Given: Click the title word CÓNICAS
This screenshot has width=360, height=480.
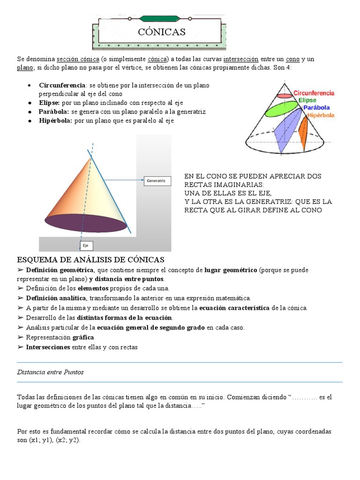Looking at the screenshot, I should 162,32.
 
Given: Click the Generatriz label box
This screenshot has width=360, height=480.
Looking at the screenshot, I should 157,180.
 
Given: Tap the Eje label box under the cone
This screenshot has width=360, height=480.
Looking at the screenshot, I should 86,246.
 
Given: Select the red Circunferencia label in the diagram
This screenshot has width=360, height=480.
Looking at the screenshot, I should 314,93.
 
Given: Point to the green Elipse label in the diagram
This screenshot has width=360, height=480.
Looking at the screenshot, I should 307,100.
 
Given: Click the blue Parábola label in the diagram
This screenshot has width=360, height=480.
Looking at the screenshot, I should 319,107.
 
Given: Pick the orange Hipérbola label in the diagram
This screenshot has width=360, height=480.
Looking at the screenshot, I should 321,115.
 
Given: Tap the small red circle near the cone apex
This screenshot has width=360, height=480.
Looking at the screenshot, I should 284,96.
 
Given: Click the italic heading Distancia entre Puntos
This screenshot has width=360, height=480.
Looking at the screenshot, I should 50,372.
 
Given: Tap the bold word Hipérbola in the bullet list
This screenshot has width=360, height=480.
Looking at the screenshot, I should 55,120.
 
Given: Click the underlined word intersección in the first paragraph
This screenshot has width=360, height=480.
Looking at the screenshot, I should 241,59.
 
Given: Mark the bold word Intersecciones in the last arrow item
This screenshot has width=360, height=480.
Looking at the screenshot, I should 48,347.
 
